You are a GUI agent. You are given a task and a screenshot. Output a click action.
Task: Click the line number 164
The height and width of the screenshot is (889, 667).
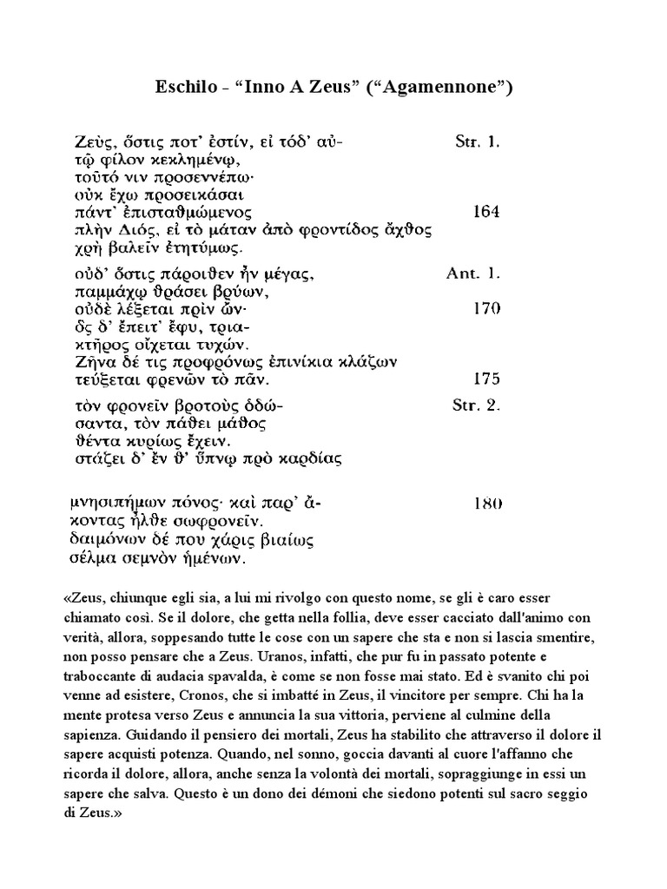click(486, 211)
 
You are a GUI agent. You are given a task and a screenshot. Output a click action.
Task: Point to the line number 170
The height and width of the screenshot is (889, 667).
click(486, 307)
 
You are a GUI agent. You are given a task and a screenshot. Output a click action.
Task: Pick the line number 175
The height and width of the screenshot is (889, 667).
click(486, 379)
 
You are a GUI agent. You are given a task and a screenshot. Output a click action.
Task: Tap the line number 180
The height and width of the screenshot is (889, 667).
click(486, 503)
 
